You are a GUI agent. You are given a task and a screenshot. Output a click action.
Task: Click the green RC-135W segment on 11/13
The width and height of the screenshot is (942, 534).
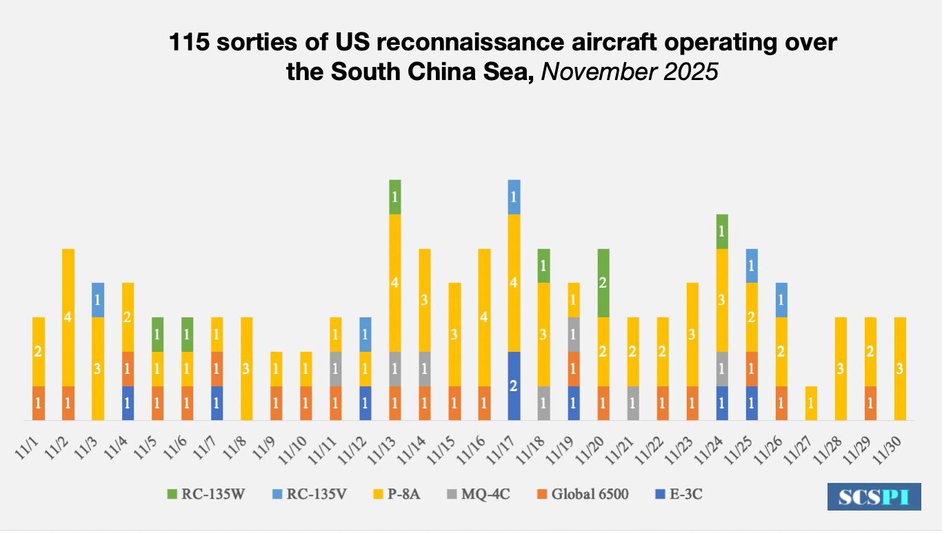click(395, 197)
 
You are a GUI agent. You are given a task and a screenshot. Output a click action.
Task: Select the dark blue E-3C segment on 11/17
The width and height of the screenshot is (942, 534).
click(514, 386)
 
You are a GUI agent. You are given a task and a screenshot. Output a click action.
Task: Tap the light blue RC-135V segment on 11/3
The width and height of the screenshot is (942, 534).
click(98, 299)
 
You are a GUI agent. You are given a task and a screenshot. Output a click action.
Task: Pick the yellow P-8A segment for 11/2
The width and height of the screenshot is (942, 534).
click(68, 317)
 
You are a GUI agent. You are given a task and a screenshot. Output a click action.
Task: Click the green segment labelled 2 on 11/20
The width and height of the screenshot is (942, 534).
click(603, 283)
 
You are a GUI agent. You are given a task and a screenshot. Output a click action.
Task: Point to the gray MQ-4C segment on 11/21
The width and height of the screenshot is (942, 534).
click(633, 403)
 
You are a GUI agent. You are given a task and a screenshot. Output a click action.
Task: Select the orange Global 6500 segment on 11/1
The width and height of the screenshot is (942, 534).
click(39, 403)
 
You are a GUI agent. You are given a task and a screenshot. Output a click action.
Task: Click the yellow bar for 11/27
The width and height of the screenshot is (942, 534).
click(812, 403)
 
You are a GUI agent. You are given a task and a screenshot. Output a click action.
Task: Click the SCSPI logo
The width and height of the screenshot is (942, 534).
click(874, 497)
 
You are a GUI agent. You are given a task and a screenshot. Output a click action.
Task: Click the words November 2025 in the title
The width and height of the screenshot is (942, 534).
click(629, 72)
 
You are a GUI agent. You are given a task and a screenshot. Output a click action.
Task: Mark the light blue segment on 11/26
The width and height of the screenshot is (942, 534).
click(782, 299)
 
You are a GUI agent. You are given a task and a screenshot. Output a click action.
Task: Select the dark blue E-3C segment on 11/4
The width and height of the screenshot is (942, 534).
click(128, 403)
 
